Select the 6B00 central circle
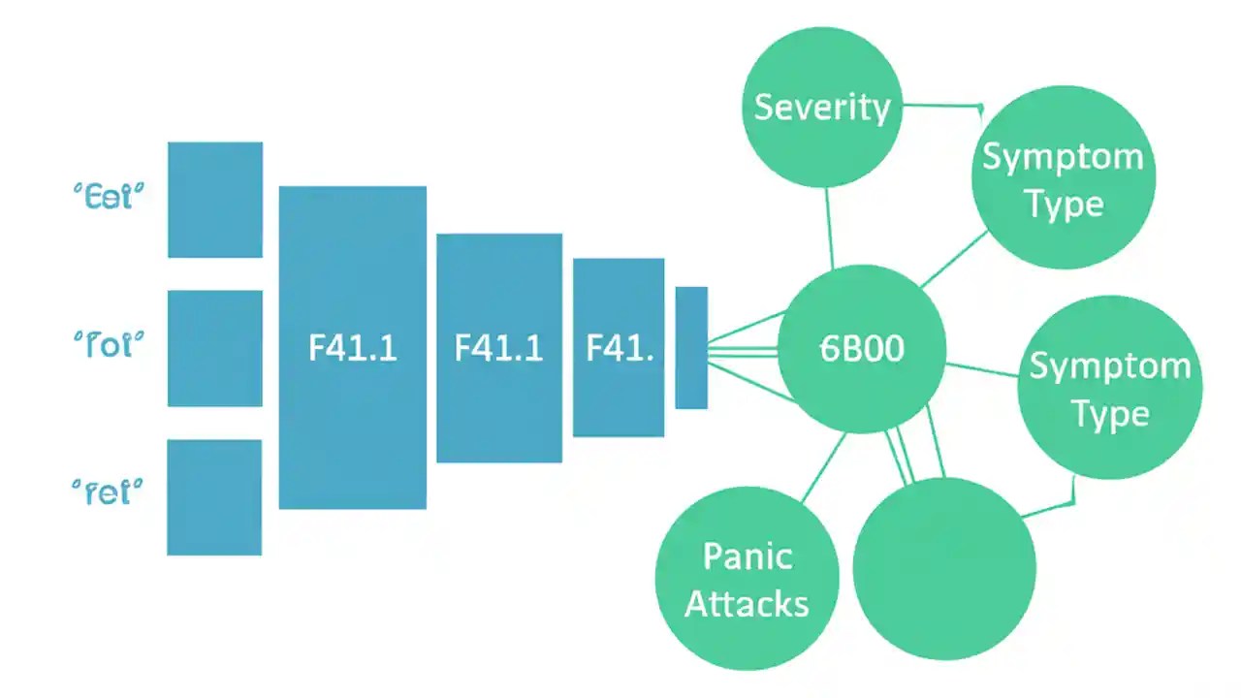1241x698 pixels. pos(862,349)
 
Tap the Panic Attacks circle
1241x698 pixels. pos(747,580)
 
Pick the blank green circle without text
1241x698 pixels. pos(944,569)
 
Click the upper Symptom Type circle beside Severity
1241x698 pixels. pos(1063,179)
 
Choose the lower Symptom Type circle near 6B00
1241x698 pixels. pos(1109,388)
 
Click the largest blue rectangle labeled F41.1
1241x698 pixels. pos(352,347)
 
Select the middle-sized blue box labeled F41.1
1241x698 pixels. pos(498,347)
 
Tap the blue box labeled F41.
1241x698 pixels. pos(619,347)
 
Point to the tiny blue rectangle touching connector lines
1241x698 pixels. pos(691,347)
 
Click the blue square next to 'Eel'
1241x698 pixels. pos(214,200)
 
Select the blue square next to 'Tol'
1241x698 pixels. pos(214,348)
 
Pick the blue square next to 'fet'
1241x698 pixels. pos(213,497)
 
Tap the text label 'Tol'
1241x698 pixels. pos(109,344)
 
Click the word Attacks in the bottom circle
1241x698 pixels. pos(747,604)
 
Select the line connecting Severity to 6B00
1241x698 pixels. pos(829,228)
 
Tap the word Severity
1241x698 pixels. pos(822,107)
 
